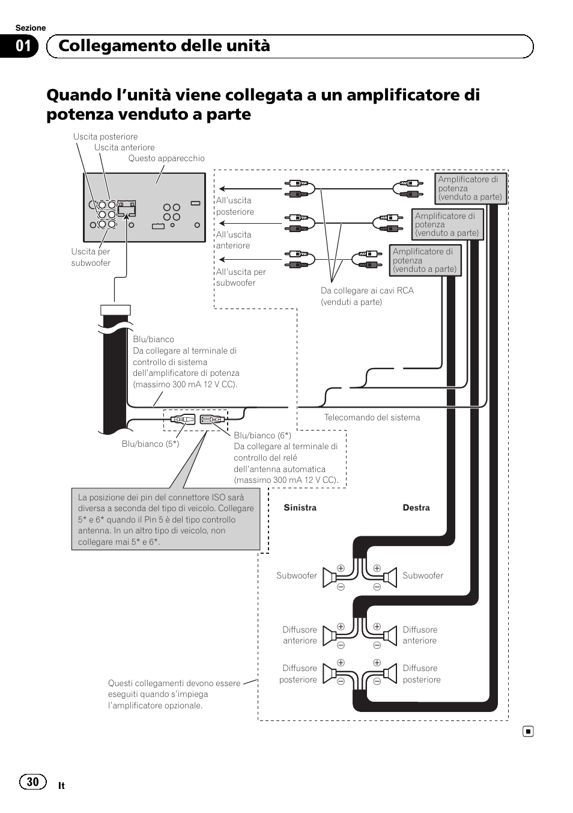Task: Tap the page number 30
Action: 32,781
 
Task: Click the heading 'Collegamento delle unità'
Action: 164,46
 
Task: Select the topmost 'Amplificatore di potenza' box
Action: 470,188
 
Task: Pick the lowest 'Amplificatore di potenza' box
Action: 425,260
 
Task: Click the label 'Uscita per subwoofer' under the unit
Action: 91,257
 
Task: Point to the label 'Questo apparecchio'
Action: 166,158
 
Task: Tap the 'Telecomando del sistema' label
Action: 372,417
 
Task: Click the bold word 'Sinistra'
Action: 300,508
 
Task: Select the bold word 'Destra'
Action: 416,508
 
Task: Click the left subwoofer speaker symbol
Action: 329,577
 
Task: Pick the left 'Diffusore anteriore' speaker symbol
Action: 329,636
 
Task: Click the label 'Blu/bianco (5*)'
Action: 150,444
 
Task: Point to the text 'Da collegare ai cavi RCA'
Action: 367,290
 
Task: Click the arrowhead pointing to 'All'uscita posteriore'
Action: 222,189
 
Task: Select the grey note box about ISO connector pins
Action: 166,520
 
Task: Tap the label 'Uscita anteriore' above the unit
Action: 124,147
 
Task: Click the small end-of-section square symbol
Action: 527,731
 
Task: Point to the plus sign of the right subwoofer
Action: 377,568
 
